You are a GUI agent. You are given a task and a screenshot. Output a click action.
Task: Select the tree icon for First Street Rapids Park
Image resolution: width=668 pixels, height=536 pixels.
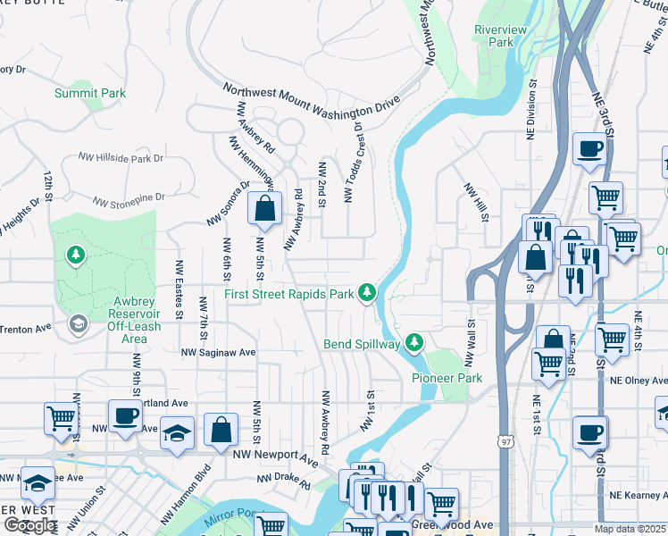click(x=366, y=291)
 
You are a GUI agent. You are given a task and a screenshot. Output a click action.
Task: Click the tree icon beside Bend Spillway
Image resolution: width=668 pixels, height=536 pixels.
click(x=413, y=341)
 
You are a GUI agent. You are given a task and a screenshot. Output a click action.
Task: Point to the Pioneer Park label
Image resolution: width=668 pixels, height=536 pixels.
click(x=447, y=378)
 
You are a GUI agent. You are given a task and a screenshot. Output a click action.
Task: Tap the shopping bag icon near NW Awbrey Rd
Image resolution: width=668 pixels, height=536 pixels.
click(x=265, y=210)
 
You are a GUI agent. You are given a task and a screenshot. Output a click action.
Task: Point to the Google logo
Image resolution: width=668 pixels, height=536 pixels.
click(x=29, y=524)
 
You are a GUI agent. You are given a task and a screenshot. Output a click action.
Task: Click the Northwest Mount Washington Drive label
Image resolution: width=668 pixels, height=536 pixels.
click(x=310, y=100)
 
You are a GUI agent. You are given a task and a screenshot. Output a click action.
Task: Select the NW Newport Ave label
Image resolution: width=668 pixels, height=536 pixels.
click(x=275, y=456)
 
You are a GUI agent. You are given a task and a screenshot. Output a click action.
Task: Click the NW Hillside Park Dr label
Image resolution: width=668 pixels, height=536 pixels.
click(x=121, y=157)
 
